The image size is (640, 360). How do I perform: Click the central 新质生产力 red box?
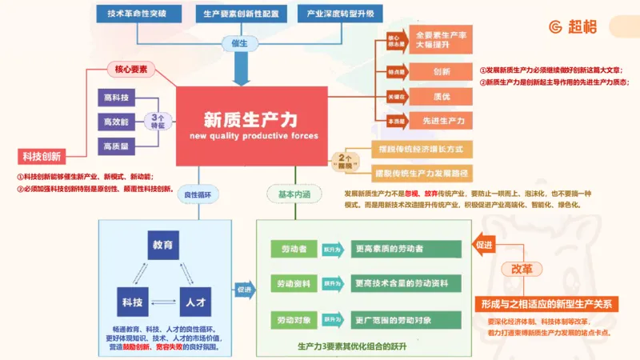[x=251, y=126]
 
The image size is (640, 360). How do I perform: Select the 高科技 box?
[x=117, y=98]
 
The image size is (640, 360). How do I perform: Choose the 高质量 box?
[x=117, y=146]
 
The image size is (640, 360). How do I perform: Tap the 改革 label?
[x=521, y=269]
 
